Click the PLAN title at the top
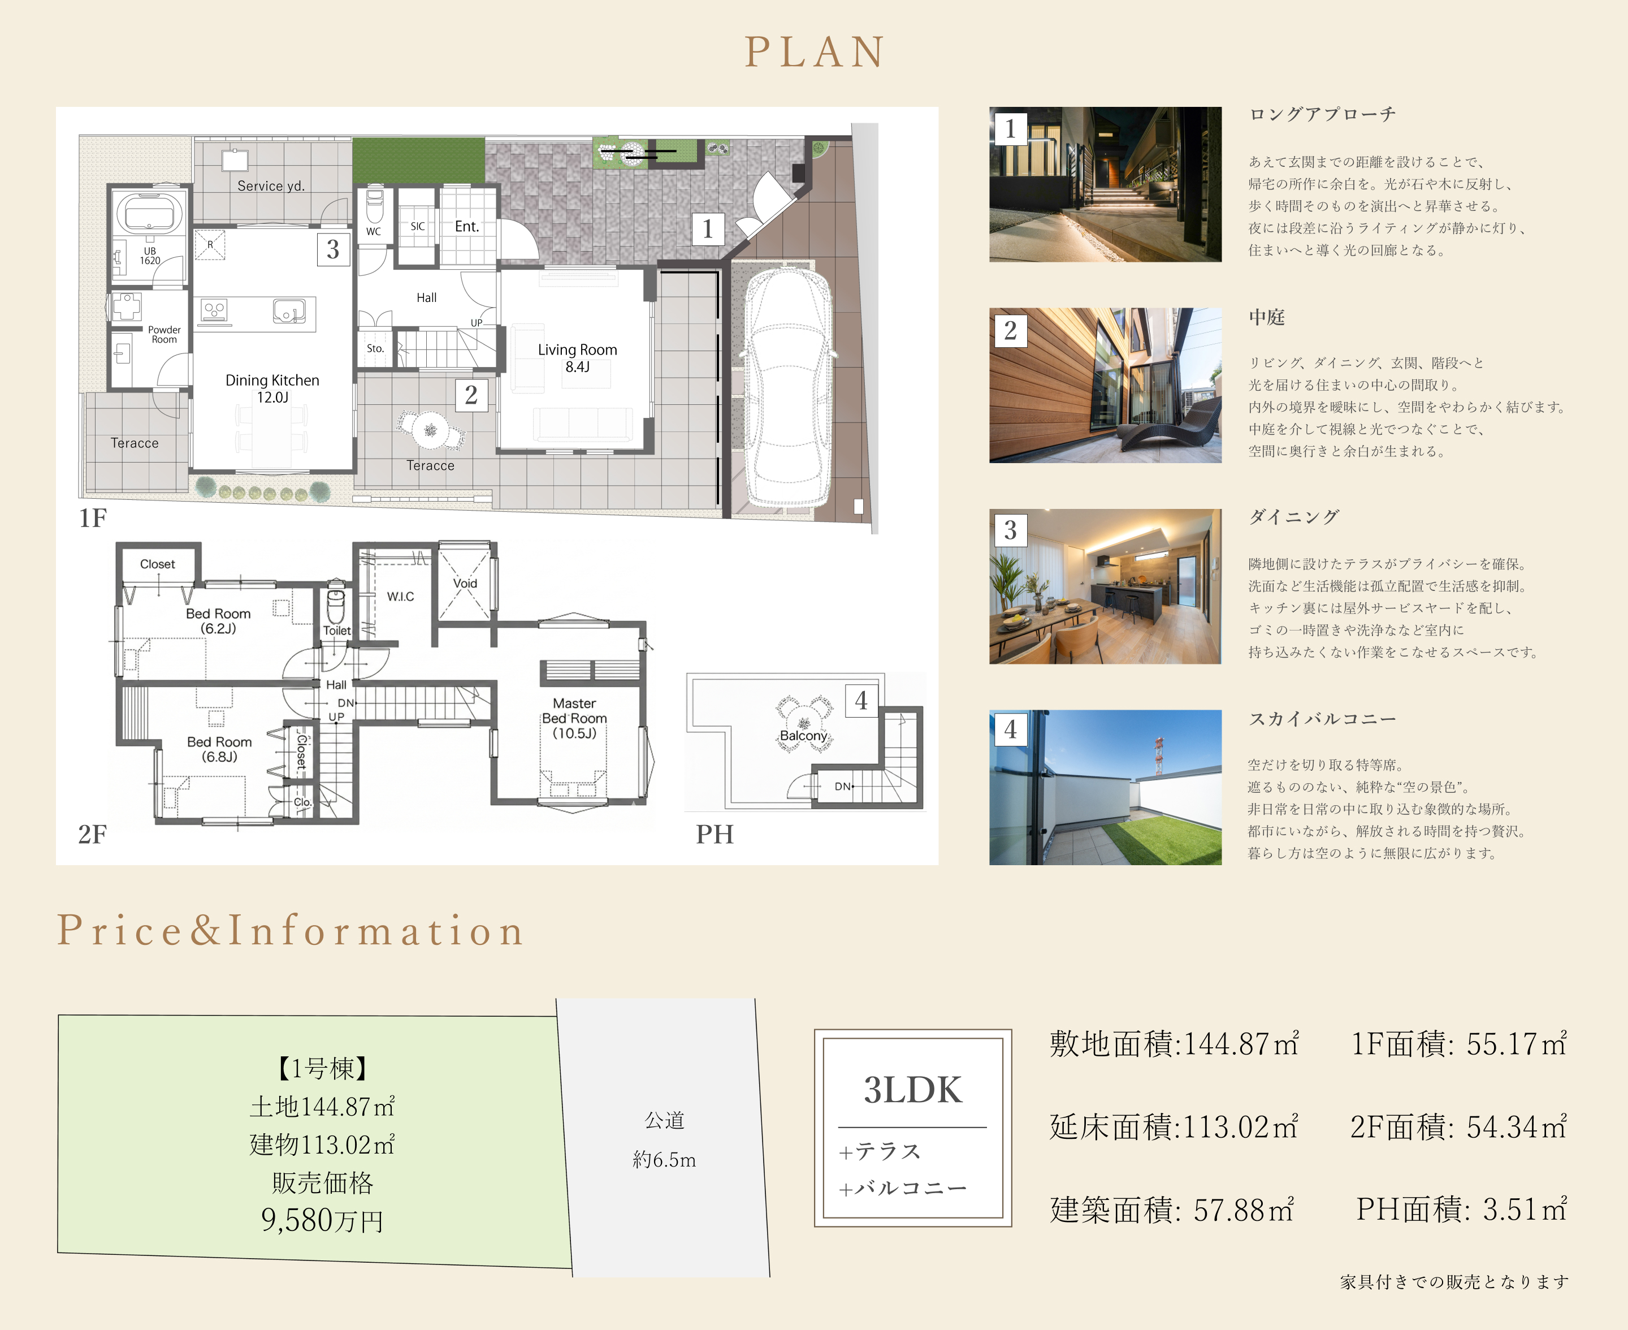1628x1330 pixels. click(815, 52)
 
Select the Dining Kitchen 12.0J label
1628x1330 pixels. click(272, 388)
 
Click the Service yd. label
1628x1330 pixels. click(271, 186)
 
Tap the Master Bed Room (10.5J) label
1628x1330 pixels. click(574, 718)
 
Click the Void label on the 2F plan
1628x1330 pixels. click(465, 583)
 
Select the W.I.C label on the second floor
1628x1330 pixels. click(400, 596)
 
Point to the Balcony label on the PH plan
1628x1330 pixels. click(803, 736)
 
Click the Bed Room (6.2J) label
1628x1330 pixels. click(218, 620)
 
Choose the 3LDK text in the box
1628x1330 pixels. click(913, 1090)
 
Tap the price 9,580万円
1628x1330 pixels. click(322, 1220)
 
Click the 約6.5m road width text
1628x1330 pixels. click(664, 1160)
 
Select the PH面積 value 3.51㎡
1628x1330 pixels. click(1525, 1210)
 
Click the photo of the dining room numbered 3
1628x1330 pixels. click(1105, 586)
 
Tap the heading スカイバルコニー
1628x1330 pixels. click(1322, 719)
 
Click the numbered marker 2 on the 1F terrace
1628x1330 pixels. click(471, 395)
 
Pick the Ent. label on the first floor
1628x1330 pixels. click(467, 227)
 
